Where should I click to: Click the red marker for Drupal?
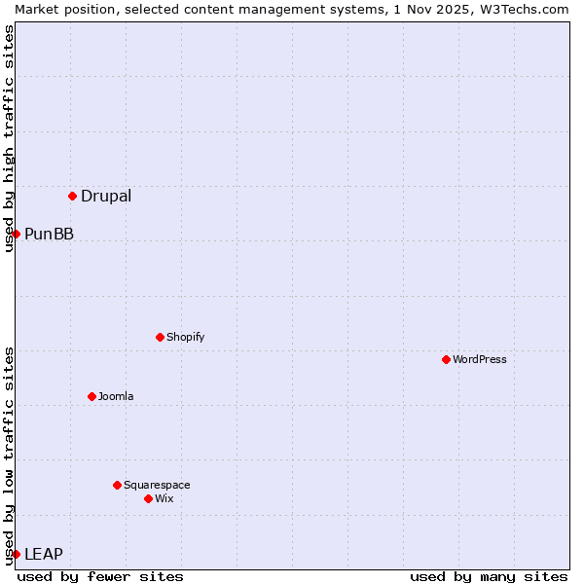coord(72,196)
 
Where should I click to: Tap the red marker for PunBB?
coord(16,234)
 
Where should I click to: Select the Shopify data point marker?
coord(160,337)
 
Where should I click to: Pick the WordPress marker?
coord(446,359)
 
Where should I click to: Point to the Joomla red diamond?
coord(91,396)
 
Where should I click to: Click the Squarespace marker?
coord(117,485)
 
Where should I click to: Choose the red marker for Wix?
coord(148,498)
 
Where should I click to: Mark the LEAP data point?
coord(16,554)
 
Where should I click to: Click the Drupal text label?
coord(106,196)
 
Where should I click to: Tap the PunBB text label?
coord(49,234)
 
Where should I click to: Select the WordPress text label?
coord(480,359)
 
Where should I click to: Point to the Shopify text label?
coord(185,337)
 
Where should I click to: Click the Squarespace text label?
coord(157,485)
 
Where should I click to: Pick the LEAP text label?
coord(44,554)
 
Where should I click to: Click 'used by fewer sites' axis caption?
coord(100,576)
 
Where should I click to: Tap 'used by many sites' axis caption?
coord(489,576)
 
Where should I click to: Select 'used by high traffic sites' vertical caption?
coord(9,138)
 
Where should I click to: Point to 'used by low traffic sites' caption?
coord(9,455)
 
